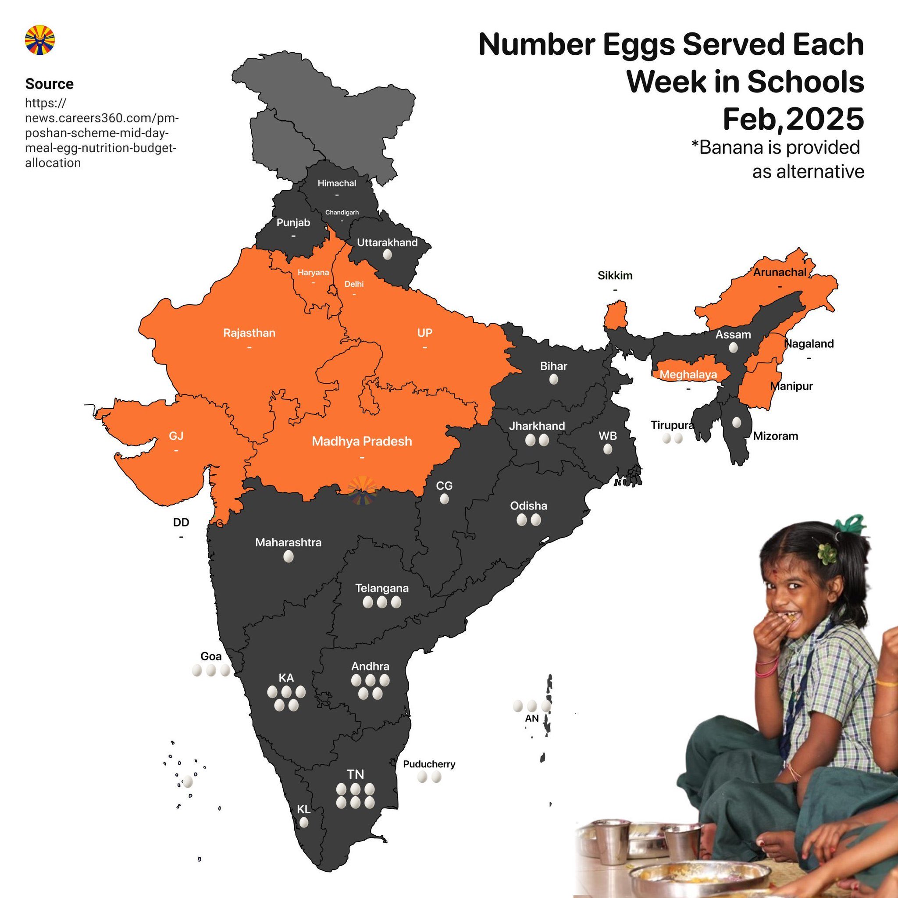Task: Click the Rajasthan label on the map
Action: click(249, 333)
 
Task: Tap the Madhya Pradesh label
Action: click(362, 441)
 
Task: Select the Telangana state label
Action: click(381, 588)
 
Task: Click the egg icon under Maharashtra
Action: click(288, 556)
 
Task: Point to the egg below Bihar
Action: click(553, 380)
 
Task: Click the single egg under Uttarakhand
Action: click(387, 255)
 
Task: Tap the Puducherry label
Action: click(428, 764)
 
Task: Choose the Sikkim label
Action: click(614, 276)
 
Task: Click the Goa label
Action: click(210, 656)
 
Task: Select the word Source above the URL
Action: click(49, 84)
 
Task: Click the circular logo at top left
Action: click(39, 40)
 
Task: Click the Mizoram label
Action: click(775, 436)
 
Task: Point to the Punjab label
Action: click(293, 223)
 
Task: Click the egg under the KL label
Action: click(303, 822)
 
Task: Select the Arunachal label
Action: click(780, 272)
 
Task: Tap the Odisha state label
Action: click(528, 506)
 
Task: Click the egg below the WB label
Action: click(607, 449)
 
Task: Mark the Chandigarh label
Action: click(342, 212)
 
